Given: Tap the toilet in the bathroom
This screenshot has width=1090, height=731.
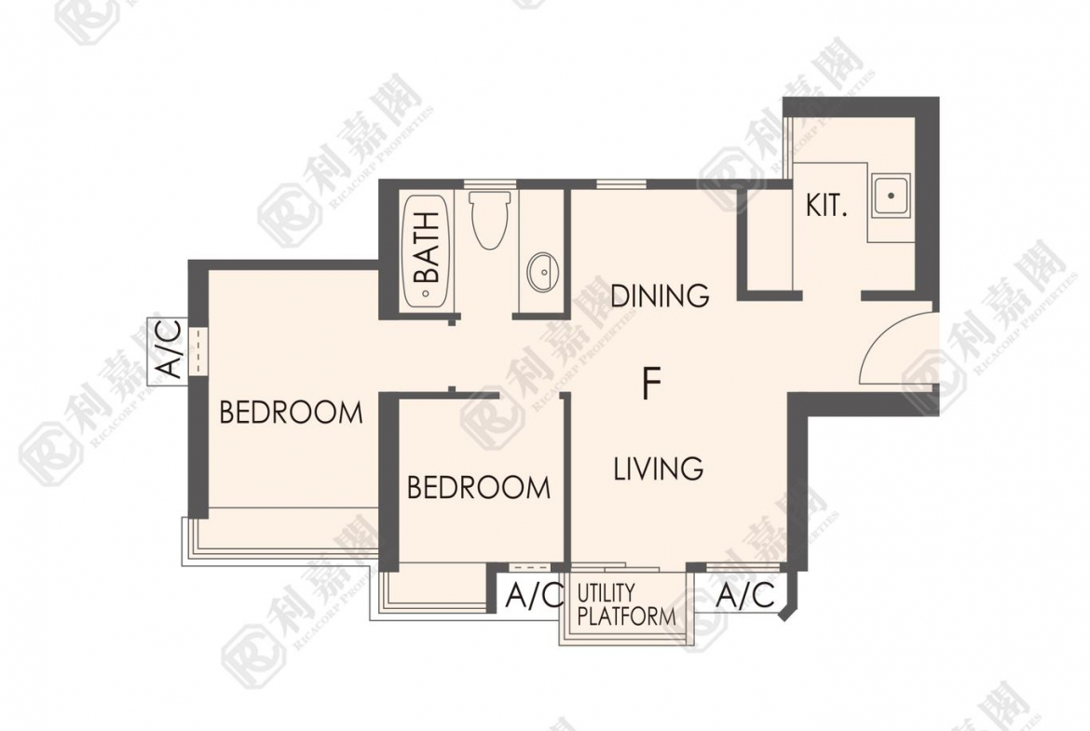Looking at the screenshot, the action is tap(490, 220).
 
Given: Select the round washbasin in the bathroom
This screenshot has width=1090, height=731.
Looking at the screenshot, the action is tap(544, 273).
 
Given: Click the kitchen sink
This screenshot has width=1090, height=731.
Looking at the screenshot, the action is tap(892, 196).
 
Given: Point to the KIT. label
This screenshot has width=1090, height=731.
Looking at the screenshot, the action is tap(826, 206).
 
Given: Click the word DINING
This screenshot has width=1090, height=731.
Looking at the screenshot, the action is tap(660, 295).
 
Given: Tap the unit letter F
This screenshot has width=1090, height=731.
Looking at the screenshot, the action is tap(651, 384).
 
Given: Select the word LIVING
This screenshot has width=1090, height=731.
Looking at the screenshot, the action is tap(659, 468).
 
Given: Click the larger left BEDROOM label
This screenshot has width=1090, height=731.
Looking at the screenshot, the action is tap(292, 412).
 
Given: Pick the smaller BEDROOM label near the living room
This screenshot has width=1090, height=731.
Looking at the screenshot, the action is tap(479, 488).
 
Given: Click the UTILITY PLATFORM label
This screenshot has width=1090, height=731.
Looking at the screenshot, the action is tap(626, 604).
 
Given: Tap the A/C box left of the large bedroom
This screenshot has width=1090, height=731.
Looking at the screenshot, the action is tap(169, 351).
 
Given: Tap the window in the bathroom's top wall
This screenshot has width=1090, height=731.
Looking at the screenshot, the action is tap(490, 183).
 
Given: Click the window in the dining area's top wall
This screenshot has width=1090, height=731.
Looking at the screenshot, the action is tap(622, 183).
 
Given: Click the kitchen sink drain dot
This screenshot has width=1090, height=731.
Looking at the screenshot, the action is tap(892, 196).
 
